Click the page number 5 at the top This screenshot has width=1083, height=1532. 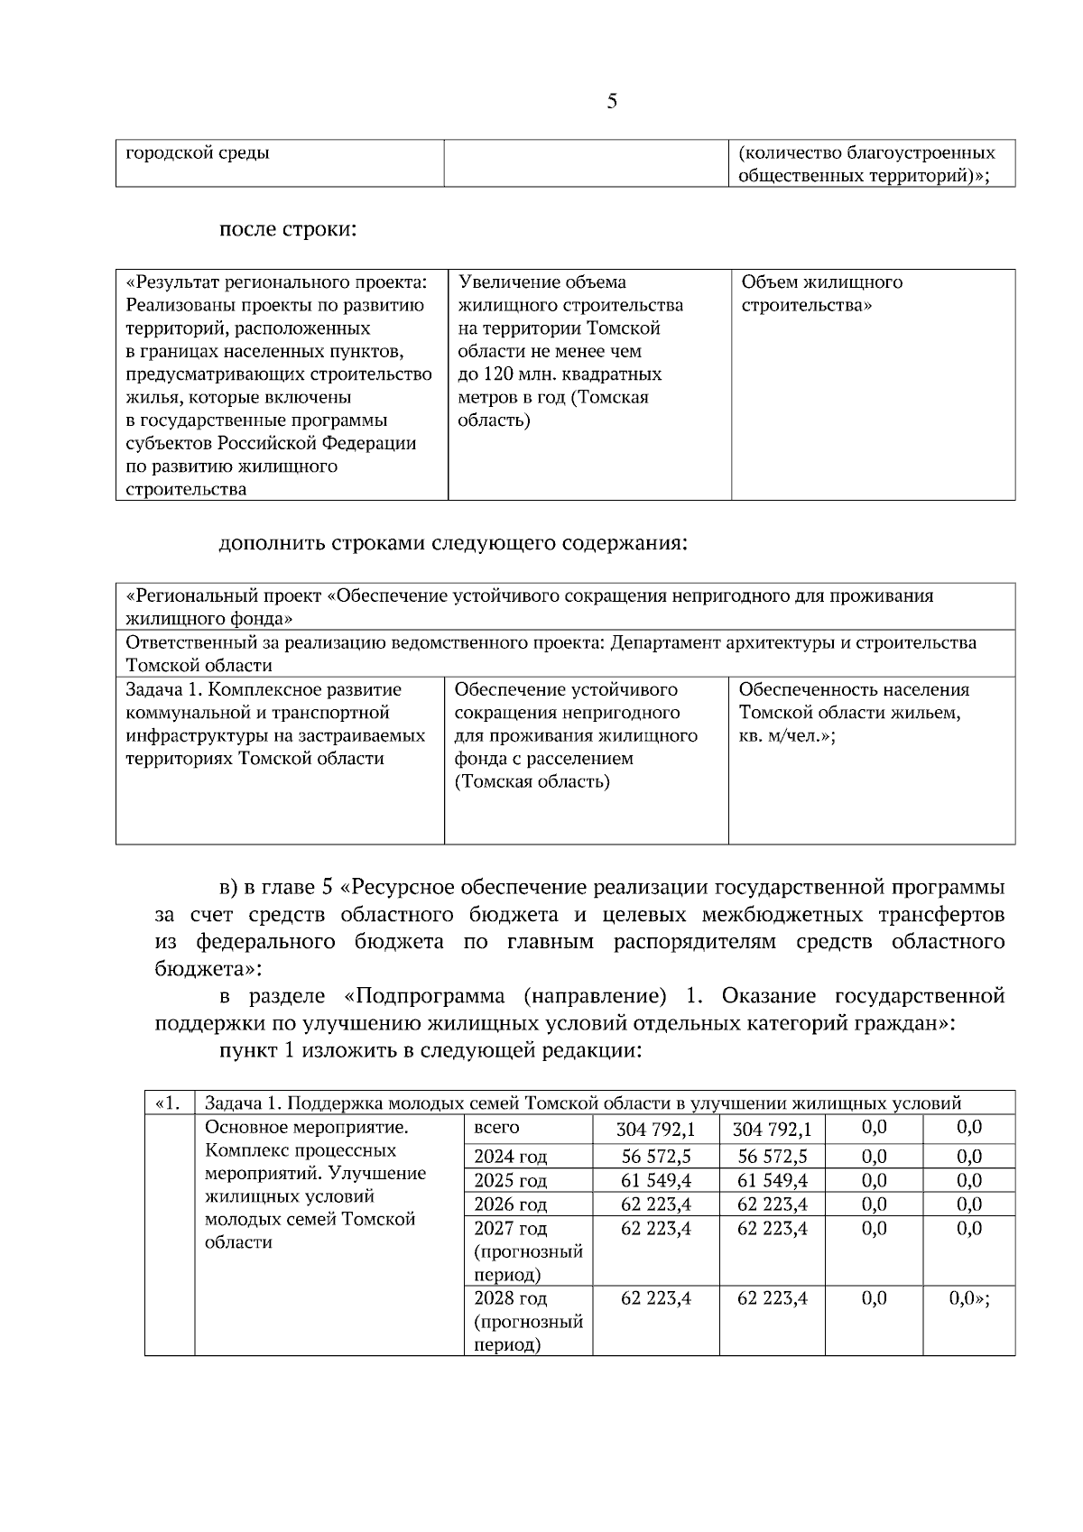pyautogui.click(x=612, y=102)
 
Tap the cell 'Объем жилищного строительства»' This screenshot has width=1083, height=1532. pyautogui.click(x=821, y=293)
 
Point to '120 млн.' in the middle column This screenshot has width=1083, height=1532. pyautogui.click(x=519, y=374)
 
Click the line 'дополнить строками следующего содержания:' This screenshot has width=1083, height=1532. pyautogui.click(x=453, y=544)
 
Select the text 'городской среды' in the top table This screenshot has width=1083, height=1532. pyautogui.click(x=198, y=152)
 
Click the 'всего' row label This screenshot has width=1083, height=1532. pyautogui.click(x=496, y=1128)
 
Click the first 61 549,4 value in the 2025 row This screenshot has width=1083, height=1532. pyautogui.click(x=655, y=1181)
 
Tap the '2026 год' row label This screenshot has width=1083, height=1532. pyautogui.click(x=510, y=1205)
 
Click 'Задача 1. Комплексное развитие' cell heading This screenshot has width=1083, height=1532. pyautogui.click(x=264, y=690)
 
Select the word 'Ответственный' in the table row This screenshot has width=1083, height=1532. pyautogui.click(x=185, y=643)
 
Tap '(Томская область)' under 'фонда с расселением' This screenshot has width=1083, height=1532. pyautogui.click(x=532, y=782)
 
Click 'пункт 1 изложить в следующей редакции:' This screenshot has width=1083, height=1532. pyautogui.click(x=430, y=1051)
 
